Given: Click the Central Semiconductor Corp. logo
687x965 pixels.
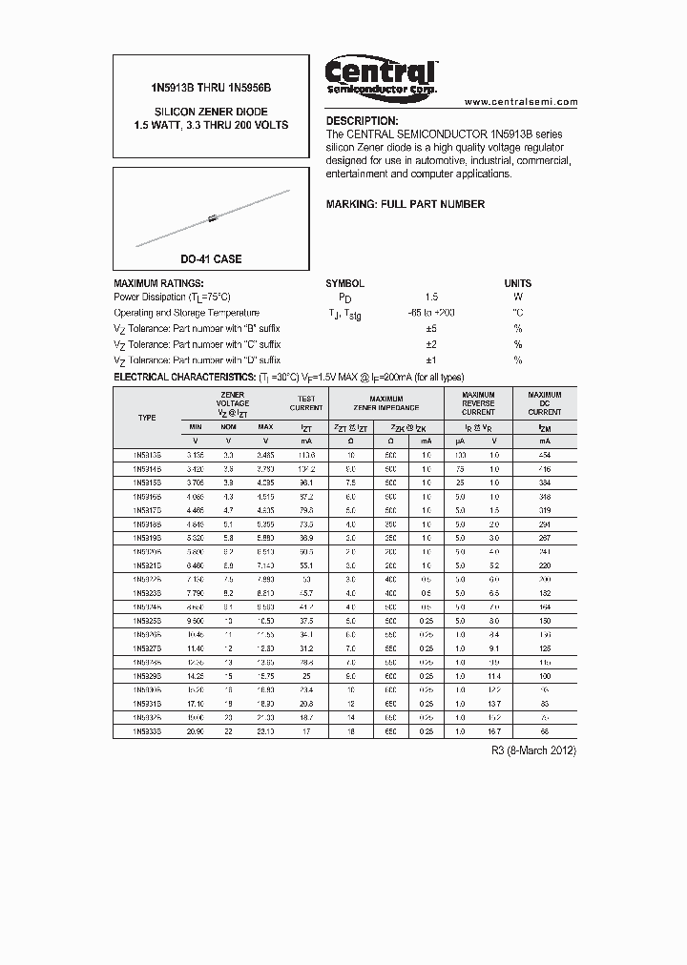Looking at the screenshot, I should coord(381,75).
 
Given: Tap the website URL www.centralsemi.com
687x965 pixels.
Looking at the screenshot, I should coord(521,101).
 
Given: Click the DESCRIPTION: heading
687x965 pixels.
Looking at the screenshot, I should coord(363,122).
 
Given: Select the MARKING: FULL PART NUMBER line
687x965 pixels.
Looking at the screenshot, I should coord(406,204).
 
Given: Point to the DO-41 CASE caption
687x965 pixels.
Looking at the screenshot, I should coord(211,259).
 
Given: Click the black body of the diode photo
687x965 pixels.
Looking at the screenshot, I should coord(213,219).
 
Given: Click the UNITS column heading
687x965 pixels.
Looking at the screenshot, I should coord(518,283).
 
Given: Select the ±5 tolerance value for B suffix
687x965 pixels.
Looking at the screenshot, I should coord(430,329).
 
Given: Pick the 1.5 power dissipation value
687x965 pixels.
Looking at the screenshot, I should coord(431,298).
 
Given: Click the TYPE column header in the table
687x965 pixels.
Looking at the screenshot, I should coord(147,418).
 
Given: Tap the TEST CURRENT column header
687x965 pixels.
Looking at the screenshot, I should coord(306,403).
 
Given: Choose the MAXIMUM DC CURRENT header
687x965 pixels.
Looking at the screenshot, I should coord(545,403).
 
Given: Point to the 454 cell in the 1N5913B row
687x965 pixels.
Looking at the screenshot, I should coord(545,456).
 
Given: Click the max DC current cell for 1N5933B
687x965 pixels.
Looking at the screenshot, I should coord(545,730).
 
